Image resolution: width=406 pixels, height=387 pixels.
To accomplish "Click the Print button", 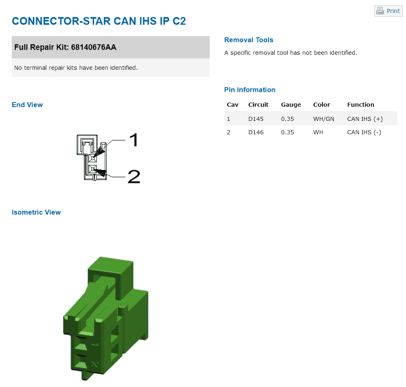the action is click(388, 11).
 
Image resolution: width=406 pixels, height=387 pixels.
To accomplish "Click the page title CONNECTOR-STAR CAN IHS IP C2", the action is click(99, 21).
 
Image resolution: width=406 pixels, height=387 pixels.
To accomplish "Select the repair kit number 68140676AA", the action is click(93, 47).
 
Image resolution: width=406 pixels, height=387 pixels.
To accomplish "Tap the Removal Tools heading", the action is click(249, 40).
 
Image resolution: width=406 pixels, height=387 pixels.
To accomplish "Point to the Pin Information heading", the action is click(249, 90).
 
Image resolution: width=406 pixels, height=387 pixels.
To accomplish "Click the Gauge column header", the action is click(291, 105).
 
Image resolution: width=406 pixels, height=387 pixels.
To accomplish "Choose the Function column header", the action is click(361, 105).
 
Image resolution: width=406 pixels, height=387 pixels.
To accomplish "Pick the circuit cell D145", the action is click(256, 119).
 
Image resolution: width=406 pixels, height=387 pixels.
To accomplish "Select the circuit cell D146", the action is click(256, 132).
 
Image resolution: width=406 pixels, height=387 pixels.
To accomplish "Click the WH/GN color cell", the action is click(323, 119).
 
